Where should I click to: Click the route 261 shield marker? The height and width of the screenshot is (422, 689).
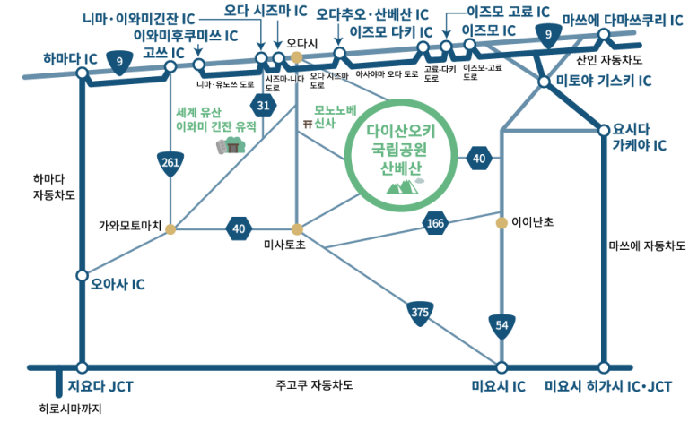[170, 162]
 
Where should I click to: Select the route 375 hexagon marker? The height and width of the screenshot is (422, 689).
[419, 312]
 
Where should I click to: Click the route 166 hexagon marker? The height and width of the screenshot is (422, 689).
[435, 223]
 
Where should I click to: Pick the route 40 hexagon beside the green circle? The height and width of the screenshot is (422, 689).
[479, 159]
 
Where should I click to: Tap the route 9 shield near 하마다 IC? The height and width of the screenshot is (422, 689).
[119, 61]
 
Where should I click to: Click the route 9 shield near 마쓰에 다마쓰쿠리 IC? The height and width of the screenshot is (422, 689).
[548, 35]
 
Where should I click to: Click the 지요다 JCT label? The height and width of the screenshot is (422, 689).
[100, 388]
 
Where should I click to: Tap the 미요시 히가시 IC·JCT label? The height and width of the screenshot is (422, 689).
[609, 388]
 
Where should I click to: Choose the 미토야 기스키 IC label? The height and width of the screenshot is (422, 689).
[604, 81]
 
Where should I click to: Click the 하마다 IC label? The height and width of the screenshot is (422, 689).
[71, 58]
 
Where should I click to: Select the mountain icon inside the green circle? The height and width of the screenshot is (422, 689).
[401, 186]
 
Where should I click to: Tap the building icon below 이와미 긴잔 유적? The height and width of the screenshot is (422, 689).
[231, 146]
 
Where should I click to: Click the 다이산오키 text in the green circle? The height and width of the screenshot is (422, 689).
[401, 131]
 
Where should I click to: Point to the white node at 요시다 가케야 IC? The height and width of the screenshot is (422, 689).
[604, 130]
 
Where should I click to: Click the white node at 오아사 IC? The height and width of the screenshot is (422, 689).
[83, 275]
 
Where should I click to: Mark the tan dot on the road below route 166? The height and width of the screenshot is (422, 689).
[501, 222]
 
